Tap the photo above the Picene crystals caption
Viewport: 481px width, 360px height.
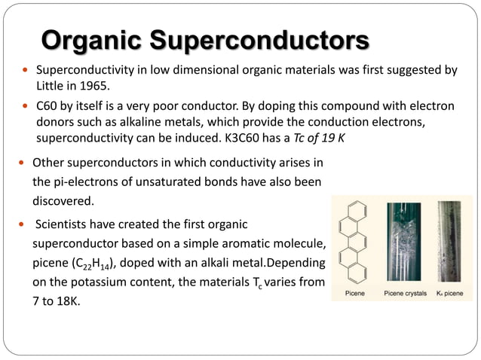(x=404, y=242)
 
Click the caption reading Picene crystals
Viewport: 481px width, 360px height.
(x=405, y=293)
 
